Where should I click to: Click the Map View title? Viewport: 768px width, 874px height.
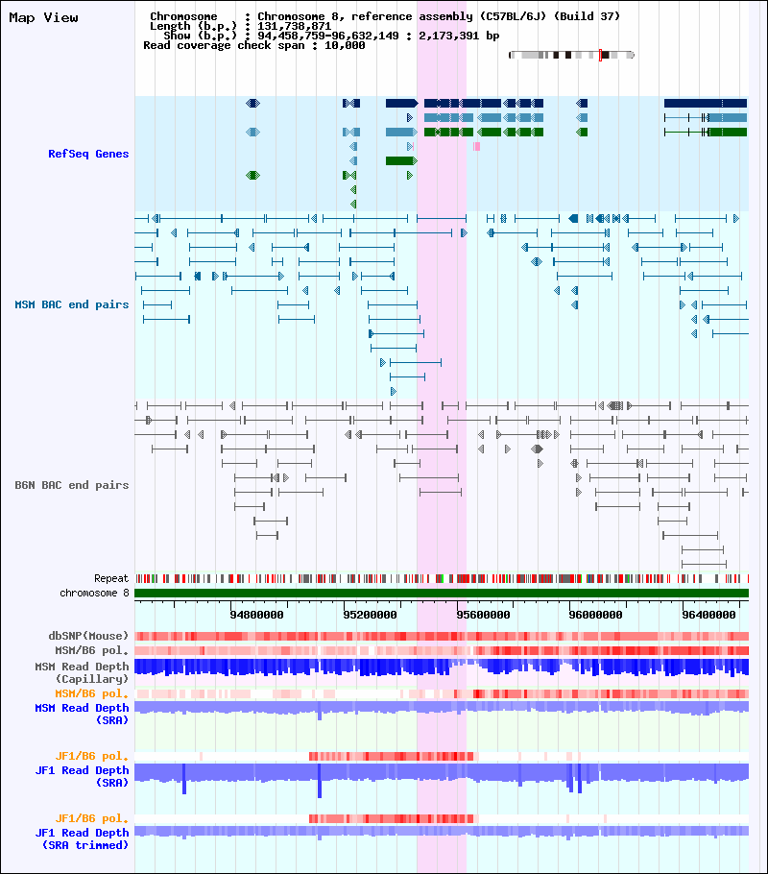click(43, 18)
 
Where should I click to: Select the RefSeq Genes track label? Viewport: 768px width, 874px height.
click(88, 154)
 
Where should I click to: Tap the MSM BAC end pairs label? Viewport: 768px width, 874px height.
click(71, 304)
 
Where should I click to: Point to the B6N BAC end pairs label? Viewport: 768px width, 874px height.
click(71, 485)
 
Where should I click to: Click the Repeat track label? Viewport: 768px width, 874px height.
click(111, 578)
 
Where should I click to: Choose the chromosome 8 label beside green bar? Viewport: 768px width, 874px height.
click(94, 594)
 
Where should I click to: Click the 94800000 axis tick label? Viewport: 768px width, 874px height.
click(257, 615)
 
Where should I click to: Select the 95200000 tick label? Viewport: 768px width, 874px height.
click(370, 615)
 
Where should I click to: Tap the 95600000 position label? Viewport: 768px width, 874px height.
click(483, 615)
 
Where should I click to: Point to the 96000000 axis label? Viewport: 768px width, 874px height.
click(596, 615)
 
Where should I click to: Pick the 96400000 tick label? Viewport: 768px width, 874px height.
click(708, 615)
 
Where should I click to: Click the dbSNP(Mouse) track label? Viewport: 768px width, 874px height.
click(88, 636)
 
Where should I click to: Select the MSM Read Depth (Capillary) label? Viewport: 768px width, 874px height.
click(82, 672)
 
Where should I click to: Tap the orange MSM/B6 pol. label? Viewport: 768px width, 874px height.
click(91, 694)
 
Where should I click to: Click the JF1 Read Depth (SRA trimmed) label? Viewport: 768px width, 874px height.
click(82, 838)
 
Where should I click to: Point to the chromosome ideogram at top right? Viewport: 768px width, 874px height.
click(572, 55)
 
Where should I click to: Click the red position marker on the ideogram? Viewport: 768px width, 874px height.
click(600, 55)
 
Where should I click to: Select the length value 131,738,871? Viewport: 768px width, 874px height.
click(295, 26)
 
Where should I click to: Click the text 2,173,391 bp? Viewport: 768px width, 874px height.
click(459, 36)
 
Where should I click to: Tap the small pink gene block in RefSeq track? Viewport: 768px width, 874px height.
click(476, 147)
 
